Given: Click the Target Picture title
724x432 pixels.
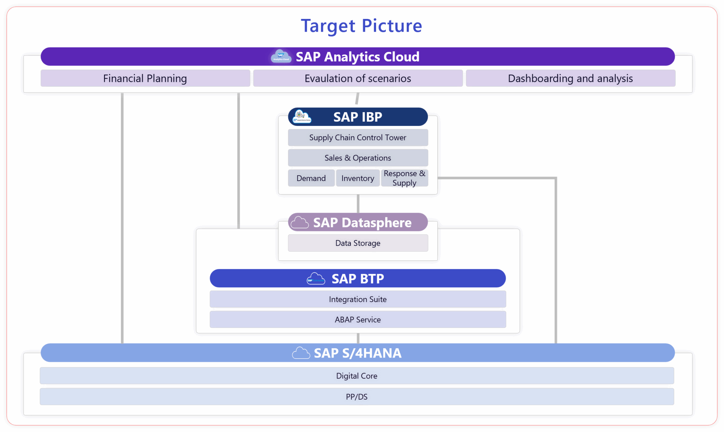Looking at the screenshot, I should tap(361, 26).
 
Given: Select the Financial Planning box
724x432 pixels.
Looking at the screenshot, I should tap(145, 78).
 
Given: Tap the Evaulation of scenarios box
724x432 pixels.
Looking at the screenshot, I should tap(358, 78).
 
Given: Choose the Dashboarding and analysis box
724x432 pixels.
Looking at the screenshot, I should tap(570, 78).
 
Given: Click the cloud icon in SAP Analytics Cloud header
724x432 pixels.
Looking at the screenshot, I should tap(281, 56).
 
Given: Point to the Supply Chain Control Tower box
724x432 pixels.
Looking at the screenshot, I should tap(358, 137).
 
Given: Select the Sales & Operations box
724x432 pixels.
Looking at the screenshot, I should tap(358, 158).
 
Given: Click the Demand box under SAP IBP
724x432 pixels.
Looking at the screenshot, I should tap(311, 178).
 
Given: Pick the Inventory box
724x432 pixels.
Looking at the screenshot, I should tap(358, 178).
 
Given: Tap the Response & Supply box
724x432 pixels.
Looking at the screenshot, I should tap(404, 178).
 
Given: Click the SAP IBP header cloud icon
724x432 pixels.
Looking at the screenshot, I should tap(302, 117).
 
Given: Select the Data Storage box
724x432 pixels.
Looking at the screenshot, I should tap(358, 243).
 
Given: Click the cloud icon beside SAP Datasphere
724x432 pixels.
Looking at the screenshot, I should tap(299, 223).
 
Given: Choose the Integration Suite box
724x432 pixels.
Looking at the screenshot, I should tap(358, 299).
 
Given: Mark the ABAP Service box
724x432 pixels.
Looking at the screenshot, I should tap(358, 319).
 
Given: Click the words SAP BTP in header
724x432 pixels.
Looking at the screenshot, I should tap(358, 279).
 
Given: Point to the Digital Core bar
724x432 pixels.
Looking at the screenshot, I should tap(357, 376).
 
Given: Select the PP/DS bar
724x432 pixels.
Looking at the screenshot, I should tap(357, 397).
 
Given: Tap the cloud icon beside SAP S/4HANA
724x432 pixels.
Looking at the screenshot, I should tap(301, 353).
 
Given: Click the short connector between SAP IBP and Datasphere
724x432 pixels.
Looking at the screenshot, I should tap(358, 204).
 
